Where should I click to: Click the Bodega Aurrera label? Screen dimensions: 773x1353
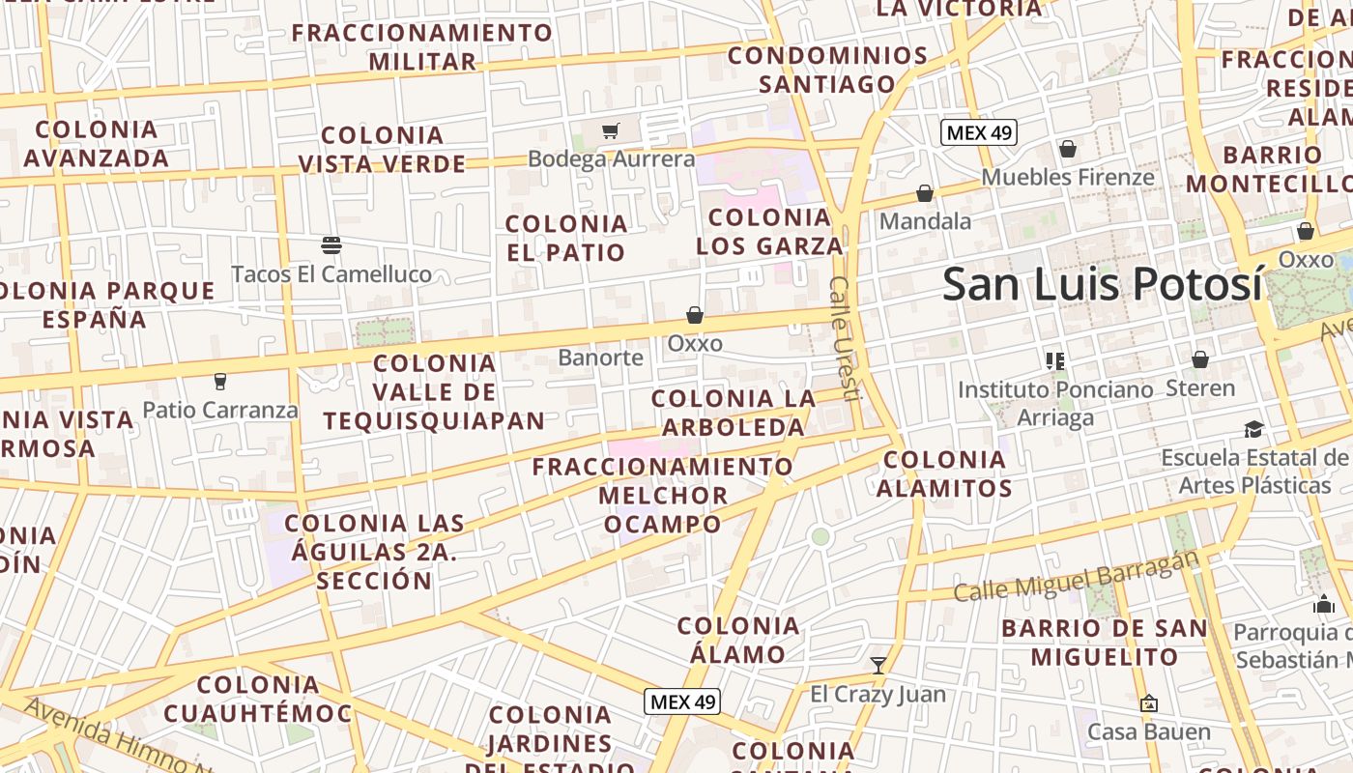(x=611, y=158)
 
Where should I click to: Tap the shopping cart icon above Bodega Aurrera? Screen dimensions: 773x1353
(x=610, y=130)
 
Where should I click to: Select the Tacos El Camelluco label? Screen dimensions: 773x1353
(x=331, y=274)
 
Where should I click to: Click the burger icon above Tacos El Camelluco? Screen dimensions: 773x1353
(x=331, y=245)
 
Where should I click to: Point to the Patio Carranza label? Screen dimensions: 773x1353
(x=220, y=410)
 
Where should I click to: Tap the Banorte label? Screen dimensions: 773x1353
(x=600, y=358)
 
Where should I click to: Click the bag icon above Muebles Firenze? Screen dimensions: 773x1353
(x=1068, y=149)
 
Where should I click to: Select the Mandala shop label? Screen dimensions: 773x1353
(x=925, y=221)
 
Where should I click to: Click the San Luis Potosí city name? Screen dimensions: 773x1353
(x=1103, y=284)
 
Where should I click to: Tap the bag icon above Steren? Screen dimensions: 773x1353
(x=1200, y=359)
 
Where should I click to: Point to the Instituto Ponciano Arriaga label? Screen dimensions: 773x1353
(x=1055, y=403)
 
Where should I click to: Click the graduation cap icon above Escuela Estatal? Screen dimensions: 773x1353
(x=1253, y=429)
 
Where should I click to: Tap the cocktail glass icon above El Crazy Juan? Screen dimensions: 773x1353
(x=878, y=665)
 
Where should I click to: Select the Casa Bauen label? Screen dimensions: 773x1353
(x=1149, y=731)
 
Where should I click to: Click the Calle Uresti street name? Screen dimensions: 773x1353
(x=843, y=338)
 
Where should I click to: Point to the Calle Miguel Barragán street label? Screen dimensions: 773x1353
(x=1077, y=577)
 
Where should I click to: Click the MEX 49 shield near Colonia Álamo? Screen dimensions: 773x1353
(x=683, y=701)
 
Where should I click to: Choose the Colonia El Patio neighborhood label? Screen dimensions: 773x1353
(x=566, y=238)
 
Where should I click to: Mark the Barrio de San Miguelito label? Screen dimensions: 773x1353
(x=1105, y=643)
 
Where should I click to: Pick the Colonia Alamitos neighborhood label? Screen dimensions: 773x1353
(x=944, y=473)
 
